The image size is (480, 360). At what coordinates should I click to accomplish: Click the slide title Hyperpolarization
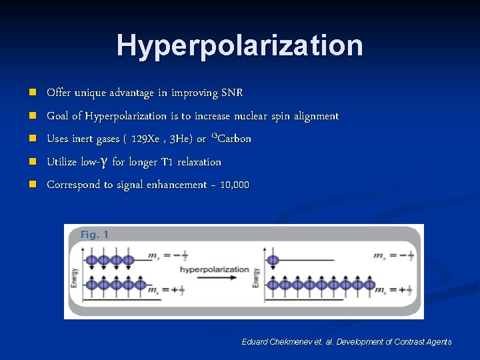[240, 46]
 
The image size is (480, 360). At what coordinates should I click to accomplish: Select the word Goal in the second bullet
[57, 116]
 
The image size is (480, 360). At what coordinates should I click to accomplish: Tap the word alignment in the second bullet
[315, 116]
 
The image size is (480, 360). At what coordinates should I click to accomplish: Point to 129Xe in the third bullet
[146, 139]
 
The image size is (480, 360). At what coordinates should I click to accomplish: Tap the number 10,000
[234, 185]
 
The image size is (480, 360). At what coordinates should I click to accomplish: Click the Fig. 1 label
[94, 235]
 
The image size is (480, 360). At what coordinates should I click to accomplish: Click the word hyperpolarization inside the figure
[214, 269]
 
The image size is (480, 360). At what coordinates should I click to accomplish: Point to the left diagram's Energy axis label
[75, 275]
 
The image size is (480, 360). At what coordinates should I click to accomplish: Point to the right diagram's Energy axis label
[257, 275]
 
